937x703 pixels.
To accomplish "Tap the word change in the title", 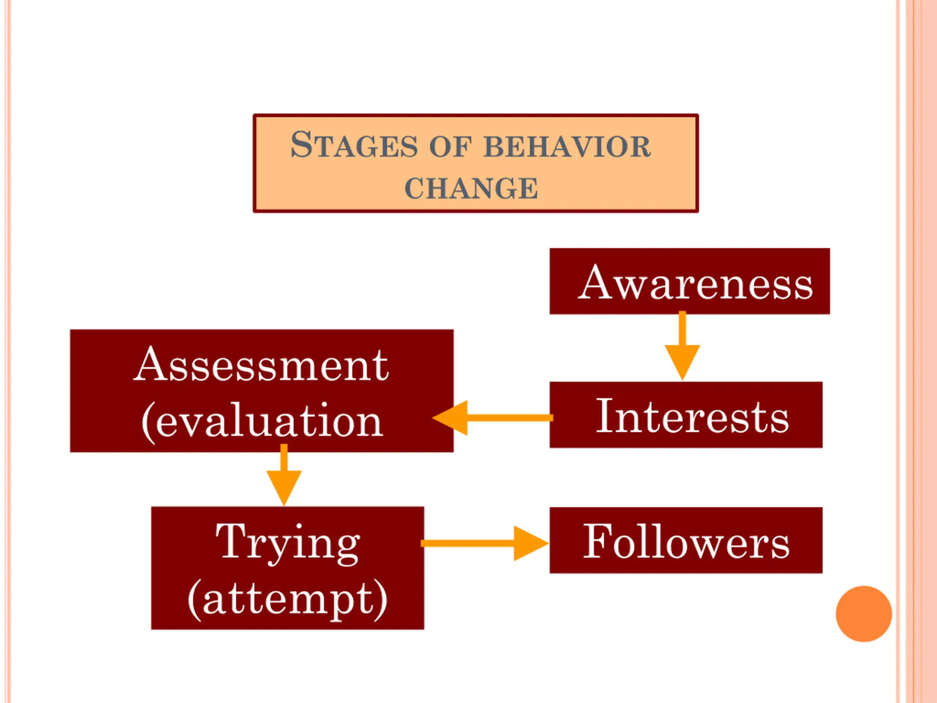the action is coord(471,188).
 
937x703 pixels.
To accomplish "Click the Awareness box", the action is coord(689,281).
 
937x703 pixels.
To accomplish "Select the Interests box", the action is coord(686,415).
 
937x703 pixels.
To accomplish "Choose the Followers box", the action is coord(686,540).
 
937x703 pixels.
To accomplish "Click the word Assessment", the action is coord(261,365).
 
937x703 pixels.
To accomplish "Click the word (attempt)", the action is coord(288,598).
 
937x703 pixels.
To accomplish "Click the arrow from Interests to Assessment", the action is coord(491,418).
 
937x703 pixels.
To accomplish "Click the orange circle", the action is coord(864,614).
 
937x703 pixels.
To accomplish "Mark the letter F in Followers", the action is coord(597,540).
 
